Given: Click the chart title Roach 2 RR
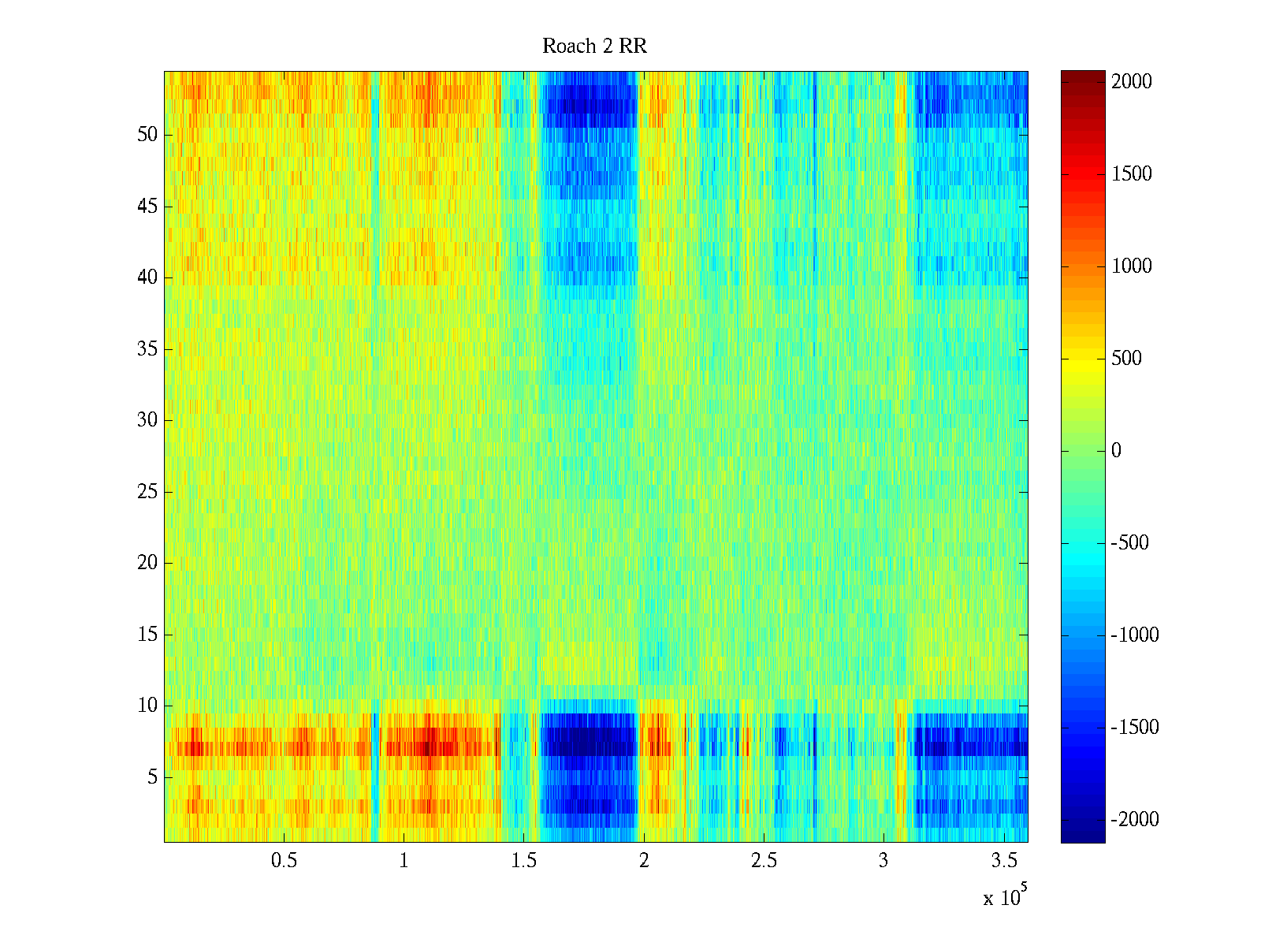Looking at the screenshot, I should tap(594, 47).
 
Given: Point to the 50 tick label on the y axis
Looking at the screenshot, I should tap(147, 135).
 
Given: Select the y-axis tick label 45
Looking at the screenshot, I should tap(147, 207).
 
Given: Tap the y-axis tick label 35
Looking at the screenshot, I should tap(147, 348).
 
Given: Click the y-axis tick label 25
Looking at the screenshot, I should tap(147, 492).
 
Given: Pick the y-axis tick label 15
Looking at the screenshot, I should tap(147, 635).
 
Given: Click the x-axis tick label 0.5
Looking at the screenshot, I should tap(284, 861).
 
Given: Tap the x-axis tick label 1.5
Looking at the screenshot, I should tap(523, 861).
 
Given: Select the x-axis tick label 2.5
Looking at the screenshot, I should tap(764, 861).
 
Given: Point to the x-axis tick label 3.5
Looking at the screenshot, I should tap(1003, 861).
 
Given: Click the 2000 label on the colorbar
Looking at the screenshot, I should tap(1131, 82).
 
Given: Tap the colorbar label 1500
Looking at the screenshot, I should tap(1131, 174).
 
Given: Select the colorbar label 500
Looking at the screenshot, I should tap(1126, 359).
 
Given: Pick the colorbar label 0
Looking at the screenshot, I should tap(1116, 451).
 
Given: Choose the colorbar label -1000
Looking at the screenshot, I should tap(1134, 635).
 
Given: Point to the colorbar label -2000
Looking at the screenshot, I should tap(1134, 820).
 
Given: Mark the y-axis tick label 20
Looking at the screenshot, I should tap(147, 563).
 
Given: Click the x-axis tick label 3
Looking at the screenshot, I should tap(883, 861).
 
